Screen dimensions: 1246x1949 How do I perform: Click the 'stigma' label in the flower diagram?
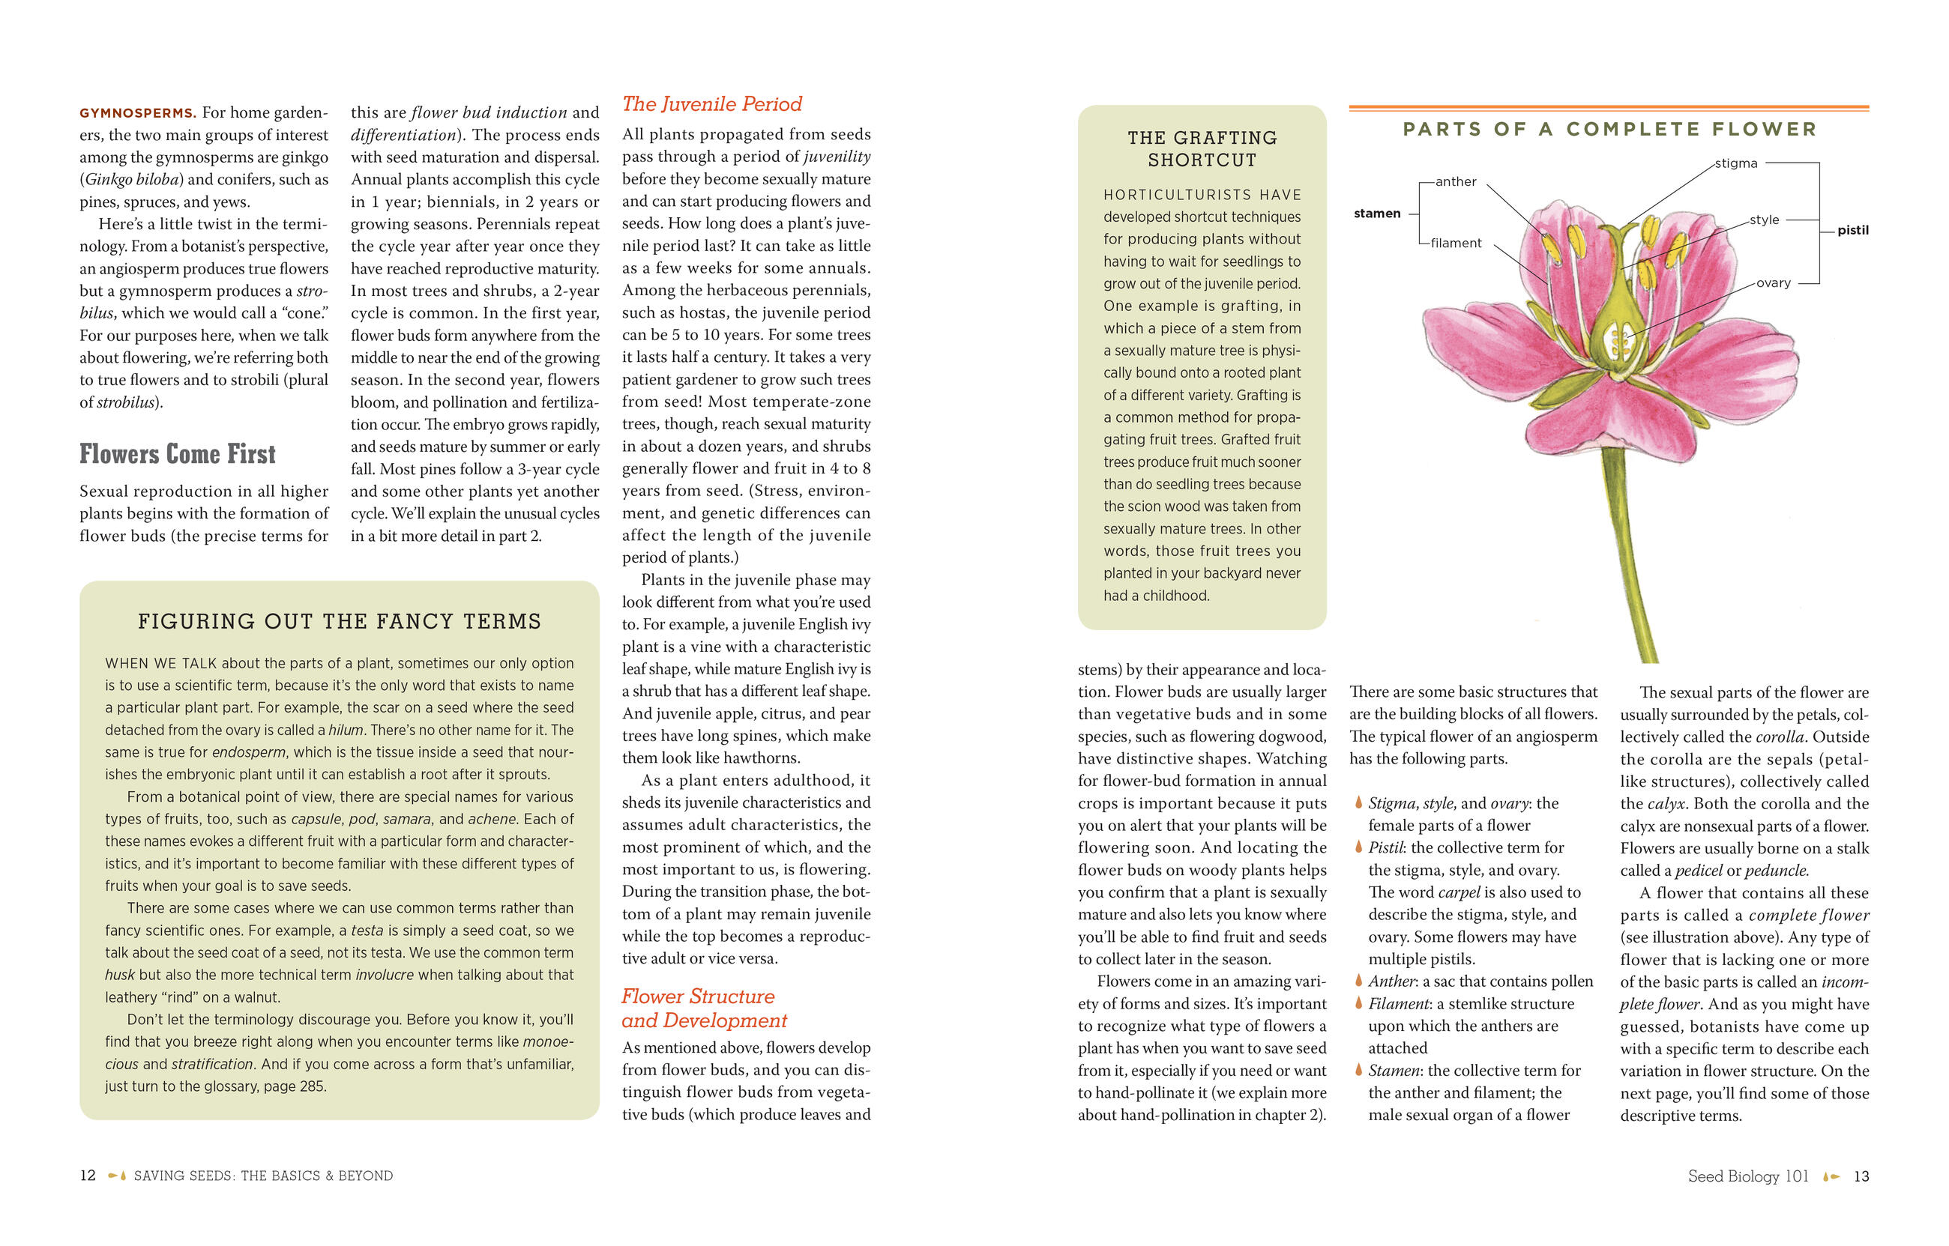(x=1735, y=163)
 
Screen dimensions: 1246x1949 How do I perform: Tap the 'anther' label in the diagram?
(x=1455, y=182)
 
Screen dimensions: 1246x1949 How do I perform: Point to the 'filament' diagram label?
(x=1455, y=243)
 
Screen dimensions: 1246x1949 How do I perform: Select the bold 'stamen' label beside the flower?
(x=1377, y=214)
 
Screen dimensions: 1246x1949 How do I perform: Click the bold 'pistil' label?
(x=1853, y=231)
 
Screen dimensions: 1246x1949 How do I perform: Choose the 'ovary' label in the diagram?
(x=1773, y=283)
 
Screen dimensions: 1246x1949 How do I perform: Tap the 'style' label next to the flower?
(x=1764, y=220)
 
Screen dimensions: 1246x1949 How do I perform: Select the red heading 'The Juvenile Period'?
(x=711, y=104)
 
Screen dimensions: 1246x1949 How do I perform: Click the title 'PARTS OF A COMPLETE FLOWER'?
(x=1610, y=130)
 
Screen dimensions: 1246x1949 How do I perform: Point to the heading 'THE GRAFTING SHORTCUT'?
(x=1202, y=149)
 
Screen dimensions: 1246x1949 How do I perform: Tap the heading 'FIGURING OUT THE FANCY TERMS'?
(x=339, y=621)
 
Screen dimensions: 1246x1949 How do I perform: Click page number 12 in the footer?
(x=88, y=1176)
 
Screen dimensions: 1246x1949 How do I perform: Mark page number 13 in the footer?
(x=1861, y=1176)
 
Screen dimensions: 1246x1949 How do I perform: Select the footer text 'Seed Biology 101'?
(x=1747, y=1176)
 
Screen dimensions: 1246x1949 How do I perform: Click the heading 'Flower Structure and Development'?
(x=703, y=1008)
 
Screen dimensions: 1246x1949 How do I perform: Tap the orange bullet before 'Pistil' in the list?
(x=1358, y=847)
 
